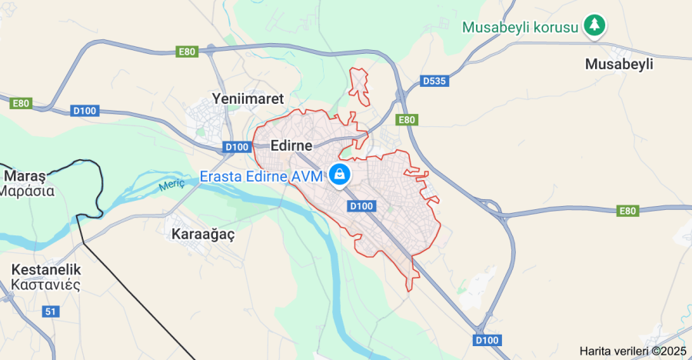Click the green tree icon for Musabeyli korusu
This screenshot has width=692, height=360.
pyautogui.click(x=594, y=25)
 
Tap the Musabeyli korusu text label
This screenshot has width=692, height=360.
pyautogui.click(x=520, y=27)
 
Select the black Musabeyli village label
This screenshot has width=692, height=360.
pyautogui.click(x=619, y=64)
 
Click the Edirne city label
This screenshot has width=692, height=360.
pyautogui.click(x=291, y=145)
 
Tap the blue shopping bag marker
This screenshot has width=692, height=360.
pyautogui.click(x=339, y=174)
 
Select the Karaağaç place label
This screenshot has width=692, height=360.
pyautogui.click(x=203, y=234)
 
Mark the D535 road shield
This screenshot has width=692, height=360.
pyautogui.click(x=435, y=80)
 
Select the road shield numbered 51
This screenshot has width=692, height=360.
pyautogui.click(x=51, y=312)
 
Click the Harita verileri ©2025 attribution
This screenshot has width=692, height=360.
pyautogui.click(x=633, y=351)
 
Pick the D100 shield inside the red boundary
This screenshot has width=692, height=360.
pyautogui.click(x=361, y=205)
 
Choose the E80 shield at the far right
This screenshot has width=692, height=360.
pyautogui.click(x=628, y=211)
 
